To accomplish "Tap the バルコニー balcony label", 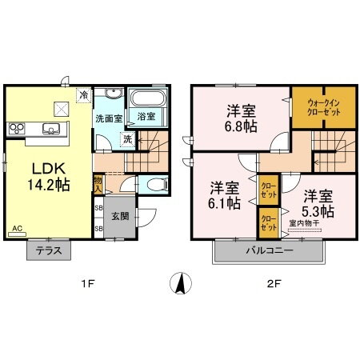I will click(x=269, y=250).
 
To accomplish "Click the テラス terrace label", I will click(x=49, y=250).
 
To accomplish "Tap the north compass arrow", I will click(x=180, y=283).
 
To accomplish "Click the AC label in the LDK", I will click(x=17, y=228).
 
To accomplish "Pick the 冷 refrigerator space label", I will click(x=82, y=95).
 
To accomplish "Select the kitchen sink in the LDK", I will click(x=51, y=129).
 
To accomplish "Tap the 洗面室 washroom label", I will click(x=108, y=118).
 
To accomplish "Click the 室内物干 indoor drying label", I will click(x=306, y=225).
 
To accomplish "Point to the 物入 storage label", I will click(x=98, y=185).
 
